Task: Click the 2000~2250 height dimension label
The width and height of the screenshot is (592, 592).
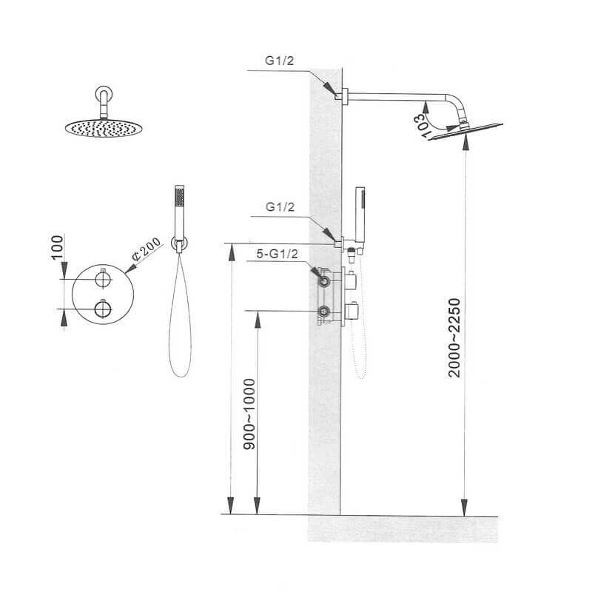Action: pyautogui.click(x=454, y=337)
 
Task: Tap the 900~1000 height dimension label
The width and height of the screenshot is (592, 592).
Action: pyautogui.click(x=249, y=414)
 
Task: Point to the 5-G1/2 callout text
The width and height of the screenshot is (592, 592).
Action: pyautogui.click(x=277, y=254)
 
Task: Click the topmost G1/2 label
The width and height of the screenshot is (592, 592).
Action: pyautogui.click(x=280, y=61)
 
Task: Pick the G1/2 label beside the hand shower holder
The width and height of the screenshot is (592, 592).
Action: pyautogui.click(x=280, y=207)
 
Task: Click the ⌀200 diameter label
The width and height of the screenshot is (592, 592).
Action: pyautogui.click(x=146, y=249)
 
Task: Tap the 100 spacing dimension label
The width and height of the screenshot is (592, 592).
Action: pyautogui.click(x=57, y=247)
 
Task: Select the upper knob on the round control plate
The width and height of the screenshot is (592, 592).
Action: pyautogui.click(x=103, y=280)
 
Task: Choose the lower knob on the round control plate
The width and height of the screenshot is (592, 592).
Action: pyautogui.click(x=103, y=309)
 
